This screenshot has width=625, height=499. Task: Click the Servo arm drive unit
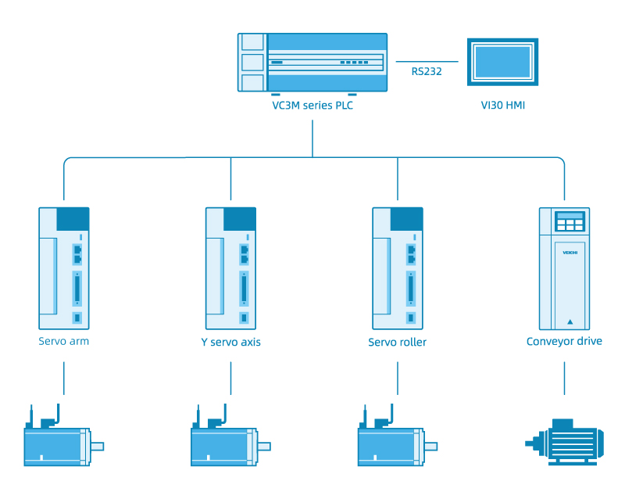64,267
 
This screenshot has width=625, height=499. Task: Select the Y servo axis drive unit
230,267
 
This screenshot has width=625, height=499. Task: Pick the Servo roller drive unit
398,267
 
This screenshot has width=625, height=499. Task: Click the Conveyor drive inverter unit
563,267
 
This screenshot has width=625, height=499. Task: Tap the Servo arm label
64,342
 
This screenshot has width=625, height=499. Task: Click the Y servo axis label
230,343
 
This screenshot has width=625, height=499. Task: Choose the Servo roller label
398,343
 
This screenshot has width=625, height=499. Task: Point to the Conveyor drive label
564,342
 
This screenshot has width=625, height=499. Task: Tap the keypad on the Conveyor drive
570,221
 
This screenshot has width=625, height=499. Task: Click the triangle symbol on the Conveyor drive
570,321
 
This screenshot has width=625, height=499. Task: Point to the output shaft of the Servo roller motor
431,447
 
